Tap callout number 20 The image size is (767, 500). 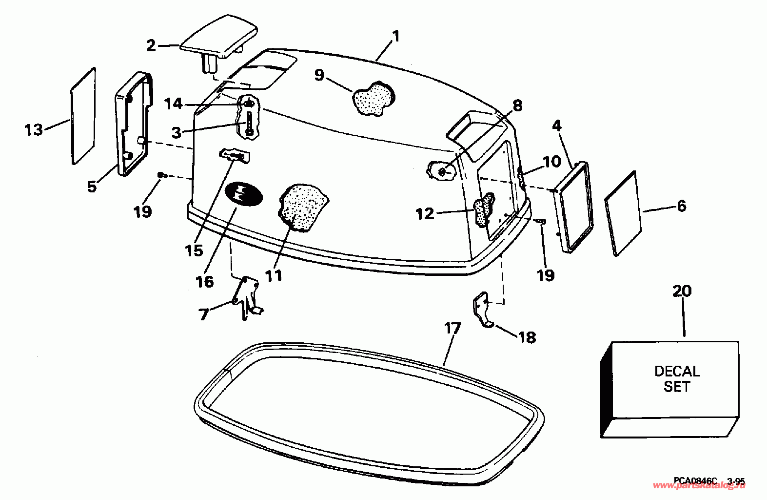click(x=682, y=292)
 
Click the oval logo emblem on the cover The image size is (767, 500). click(x=243, y=195)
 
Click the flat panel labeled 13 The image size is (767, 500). click(x=83, y=116)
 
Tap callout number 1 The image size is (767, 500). click(x=395, y=37)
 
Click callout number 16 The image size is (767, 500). click(x=205, y=281)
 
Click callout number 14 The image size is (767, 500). click(x=173, y=104)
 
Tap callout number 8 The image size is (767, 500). click(x=517, y=106)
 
